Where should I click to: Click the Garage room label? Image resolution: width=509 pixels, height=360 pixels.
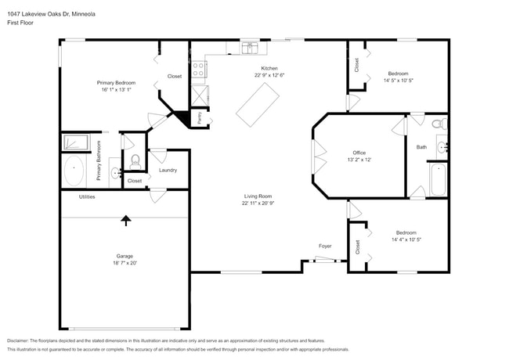tap(125, 255)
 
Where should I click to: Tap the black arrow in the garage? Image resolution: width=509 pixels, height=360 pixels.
tap(125, 221)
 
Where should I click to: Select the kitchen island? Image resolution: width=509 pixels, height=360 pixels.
tap(258, 103)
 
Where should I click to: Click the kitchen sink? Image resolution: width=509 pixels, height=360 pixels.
tap(250, 49)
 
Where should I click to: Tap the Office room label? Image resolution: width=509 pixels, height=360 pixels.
tap(359, 153)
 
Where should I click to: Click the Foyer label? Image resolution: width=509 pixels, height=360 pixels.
tap(325, 246)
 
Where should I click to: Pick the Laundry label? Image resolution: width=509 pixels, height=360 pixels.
tap(168, 170)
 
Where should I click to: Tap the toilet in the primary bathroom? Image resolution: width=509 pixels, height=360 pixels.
tap(135, 161)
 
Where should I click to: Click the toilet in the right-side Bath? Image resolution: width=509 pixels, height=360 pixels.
tap(439, 123)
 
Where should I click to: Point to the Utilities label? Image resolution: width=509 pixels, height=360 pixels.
tap(87, 196)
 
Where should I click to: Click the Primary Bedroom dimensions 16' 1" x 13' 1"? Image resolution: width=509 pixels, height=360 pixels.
tap(116, 90)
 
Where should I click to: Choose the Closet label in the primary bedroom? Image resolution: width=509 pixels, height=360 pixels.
tap(175, 76)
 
